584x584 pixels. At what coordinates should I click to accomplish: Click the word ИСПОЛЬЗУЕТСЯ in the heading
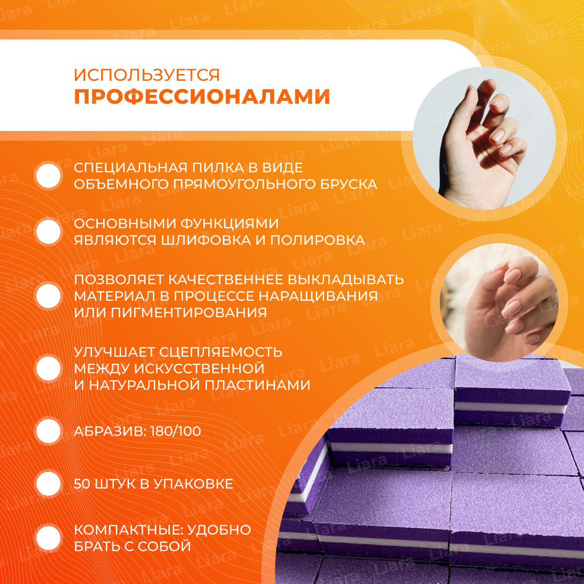pyautogui.click(x=147, y=75)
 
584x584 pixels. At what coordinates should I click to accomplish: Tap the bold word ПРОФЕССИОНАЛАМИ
pyautogui.click(x=202, y=97)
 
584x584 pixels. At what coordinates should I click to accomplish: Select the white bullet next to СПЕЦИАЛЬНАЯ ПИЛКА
pyautogui.click(x=48, y=176)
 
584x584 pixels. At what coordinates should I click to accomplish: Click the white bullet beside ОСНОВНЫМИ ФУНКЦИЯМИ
pyautogui.click(x=48, y=232)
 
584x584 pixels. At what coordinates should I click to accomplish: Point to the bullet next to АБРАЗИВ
pyautogui.click(x=48, y=431)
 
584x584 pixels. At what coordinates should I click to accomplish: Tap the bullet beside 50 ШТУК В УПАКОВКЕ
pyautogui.click(x=48, y=484)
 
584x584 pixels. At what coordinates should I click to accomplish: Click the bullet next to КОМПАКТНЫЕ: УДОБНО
pyautogui.click(x=48, y=539)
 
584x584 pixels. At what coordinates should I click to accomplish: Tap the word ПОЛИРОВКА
pyautogui.click(x=317, y=240)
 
